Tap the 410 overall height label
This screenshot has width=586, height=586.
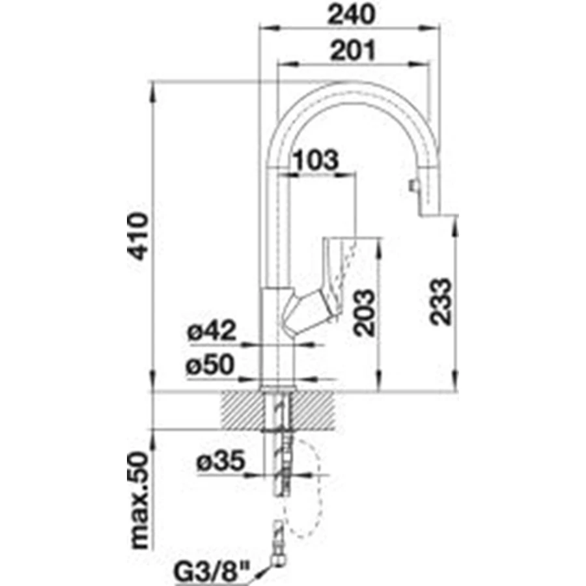click(x=138, y=236)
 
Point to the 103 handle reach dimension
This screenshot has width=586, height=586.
click(x=316, y=160)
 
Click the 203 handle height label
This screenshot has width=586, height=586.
click(x=364, y=313)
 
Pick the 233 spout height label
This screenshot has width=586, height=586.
click(x=440, y=301)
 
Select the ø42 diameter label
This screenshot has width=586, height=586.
click(x=212, y=330)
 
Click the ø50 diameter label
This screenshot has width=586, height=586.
click(x=210, y=365)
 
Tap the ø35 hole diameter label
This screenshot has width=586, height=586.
click(x=221, y=460)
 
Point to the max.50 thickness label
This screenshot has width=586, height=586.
click(x=139, y=501)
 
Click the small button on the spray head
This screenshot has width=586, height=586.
click(x=413, y=186)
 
